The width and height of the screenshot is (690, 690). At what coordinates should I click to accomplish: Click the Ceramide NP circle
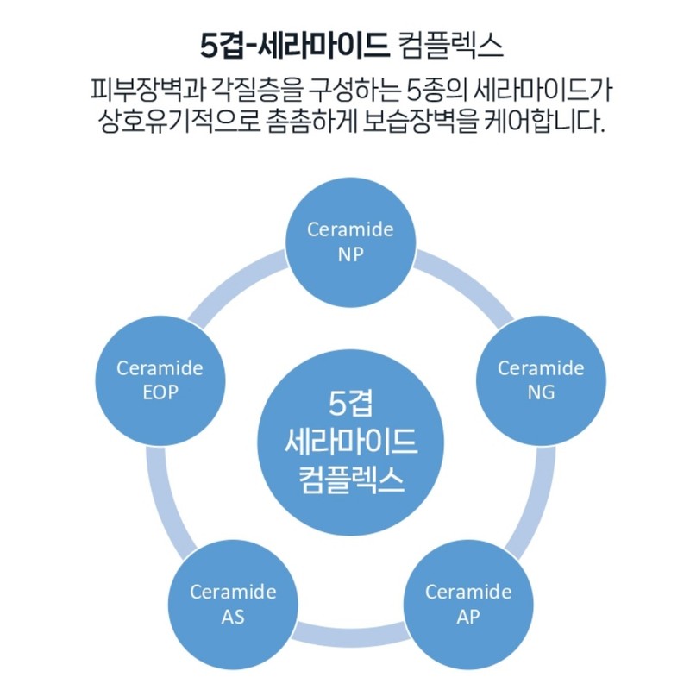click(x=351, y=242)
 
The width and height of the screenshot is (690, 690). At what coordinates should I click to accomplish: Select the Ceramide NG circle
click(x=541, y=380)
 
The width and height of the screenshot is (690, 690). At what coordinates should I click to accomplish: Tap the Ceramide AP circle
click(x=468, y=605)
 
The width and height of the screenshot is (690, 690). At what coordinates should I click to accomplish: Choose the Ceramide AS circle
click(x=233, y=605)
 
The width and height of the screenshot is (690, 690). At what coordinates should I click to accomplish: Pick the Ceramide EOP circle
click(x=160, y=380)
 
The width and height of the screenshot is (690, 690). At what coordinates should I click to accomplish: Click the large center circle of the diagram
click(x=351, y=442)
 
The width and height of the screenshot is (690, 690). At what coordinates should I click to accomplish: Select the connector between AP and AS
click(x=351, y=636)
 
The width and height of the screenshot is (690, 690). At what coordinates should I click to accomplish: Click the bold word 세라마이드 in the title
click(x=323, y=45)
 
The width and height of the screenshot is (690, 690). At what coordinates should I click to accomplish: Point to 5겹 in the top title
click(x=223, y=45)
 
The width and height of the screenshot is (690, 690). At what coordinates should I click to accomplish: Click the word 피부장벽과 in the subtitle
click(x=148, y=90)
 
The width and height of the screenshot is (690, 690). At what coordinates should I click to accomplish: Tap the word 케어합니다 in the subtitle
click(x=544, y=121)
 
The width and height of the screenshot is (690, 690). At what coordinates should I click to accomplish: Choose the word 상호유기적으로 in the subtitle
click(x=179, y=121)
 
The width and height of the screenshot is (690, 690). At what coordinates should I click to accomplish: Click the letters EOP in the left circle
click(x=160, y=392)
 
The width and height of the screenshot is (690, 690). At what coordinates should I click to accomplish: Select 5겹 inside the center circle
click(x=351, y=404)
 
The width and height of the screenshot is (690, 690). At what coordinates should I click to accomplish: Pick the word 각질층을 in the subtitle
click(x=257, y=90)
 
